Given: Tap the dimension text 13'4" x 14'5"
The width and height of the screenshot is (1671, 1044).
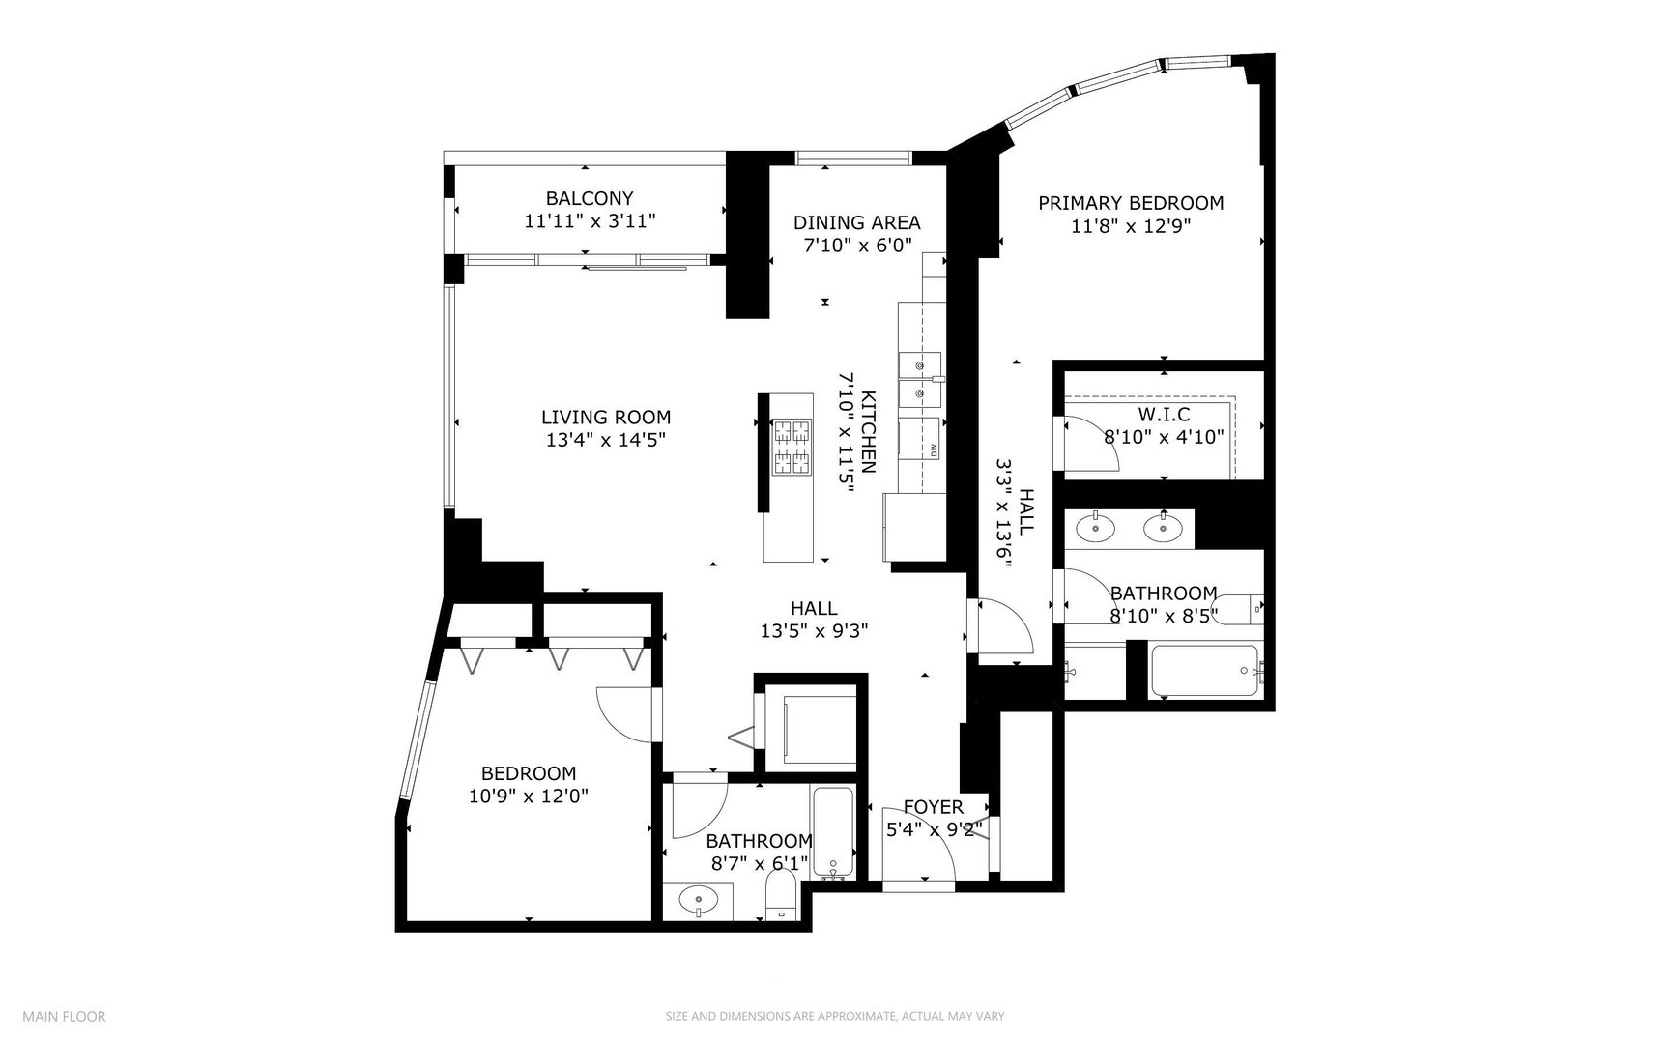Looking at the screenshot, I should (605, 440).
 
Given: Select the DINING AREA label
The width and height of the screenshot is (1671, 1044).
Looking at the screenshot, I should (856, 222).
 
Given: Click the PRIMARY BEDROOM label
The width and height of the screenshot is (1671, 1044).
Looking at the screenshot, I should (1130, 203).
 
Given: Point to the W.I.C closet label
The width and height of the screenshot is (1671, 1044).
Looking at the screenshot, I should (1163, 415).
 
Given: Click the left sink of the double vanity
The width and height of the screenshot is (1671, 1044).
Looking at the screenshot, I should (1095, 528).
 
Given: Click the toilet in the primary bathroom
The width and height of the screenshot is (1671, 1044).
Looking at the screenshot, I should (1235, 609).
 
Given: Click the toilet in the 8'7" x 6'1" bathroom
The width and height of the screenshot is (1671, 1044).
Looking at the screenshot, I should (779, 899).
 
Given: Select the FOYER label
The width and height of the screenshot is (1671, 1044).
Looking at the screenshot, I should (933, 807).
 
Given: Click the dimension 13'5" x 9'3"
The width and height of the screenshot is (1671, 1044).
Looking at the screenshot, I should (814, 631).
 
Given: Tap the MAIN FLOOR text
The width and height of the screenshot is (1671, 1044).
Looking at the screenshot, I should (64, 1016).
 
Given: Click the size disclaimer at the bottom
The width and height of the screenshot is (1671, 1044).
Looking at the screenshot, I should (835, 1016).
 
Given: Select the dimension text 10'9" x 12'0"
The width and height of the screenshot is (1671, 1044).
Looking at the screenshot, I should (529, 797).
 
